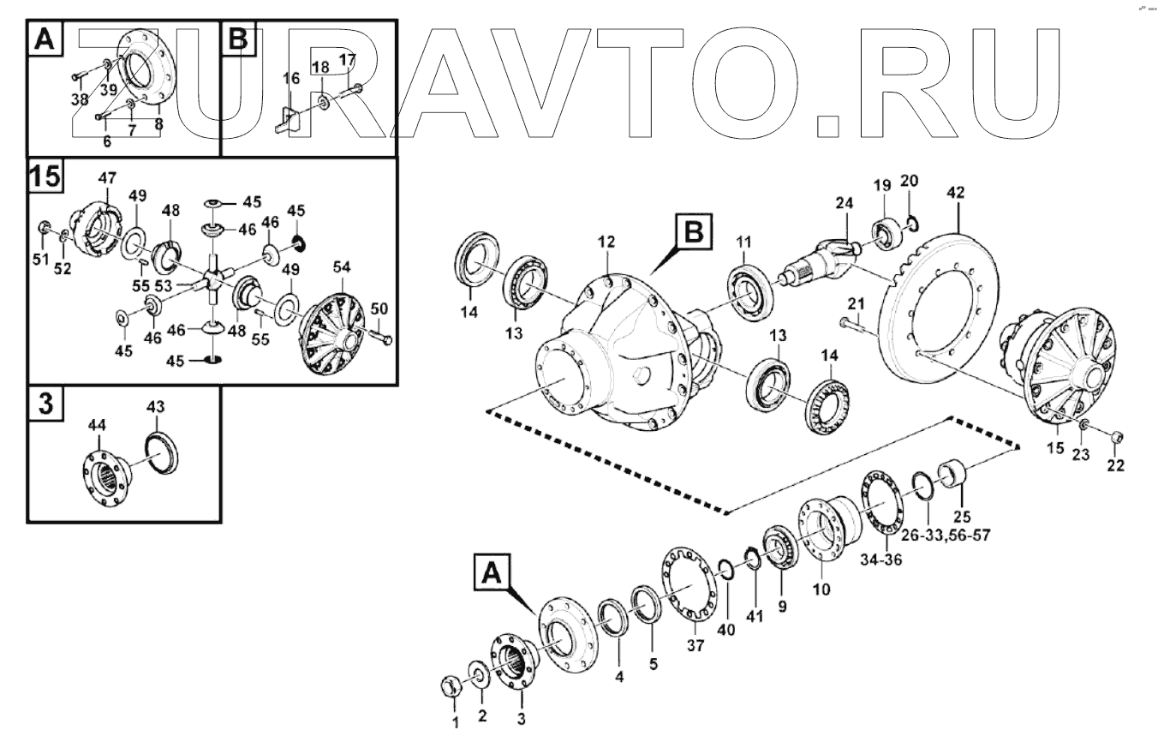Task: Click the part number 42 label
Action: [x=955, y=194]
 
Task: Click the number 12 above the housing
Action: [x=606, y=243]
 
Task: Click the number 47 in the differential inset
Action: [x=107, y=178]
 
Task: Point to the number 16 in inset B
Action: [x=291, y=78]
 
